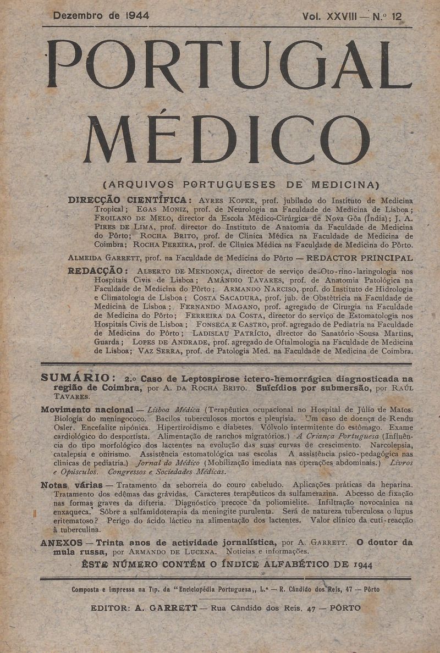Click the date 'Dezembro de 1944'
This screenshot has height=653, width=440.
tap(101, 16)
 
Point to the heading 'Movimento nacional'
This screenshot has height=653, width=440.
tap(87, 409)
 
